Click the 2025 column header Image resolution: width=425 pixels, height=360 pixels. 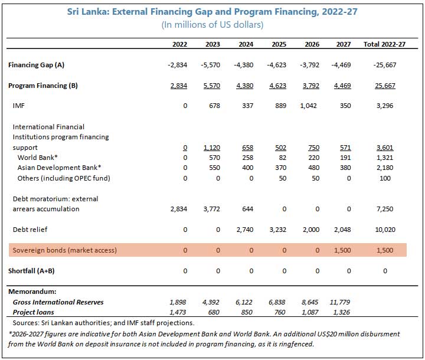[279, 44]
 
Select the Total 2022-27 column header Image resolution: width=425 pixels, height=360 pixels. [384, 44]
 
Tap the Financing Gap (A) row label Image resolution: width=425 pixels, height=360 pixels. [37, 65]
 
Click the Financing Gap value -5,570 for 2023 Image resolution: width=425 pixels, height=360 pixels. [210, 65]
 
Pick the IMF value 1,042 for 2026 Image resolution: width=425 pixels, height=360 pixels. [309, 106]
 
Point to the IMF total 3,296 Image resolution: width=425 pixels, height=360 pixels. [385, 106]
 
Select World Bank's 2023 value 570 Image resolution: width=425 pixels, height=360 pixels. [214, 158]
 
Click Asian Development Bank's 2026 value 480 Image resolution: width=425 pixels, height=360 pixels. [313, 168]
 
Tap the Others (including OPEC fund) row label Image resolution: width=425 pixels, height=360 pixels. [64, 178]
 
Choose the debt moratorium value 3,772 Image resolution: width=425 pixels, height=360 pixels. [212, 209]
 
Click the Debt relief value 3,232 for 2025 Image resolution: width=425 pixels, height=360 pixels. [278, 230]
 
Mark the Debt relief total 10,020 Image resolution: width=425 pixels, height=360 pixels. [385, 230]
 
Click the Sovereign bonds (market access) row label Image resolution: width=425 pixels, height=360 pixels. [65, 250]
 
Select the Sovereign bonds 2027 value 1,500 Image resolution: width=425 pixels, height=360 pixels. [342, 250]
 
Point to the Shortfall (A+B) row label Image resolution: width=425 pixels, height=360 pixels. [31, 271]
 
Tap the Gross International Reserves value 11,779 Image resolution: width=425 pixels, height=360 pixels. [340, 302]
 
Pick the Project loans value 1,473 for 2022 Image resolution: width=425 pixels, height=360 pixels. [178, 312]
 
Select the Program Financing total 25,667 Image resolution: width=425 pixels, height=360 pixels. [385, 86]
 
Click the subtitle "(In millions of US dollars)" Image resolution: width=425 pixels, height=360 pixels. [212, 25]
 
